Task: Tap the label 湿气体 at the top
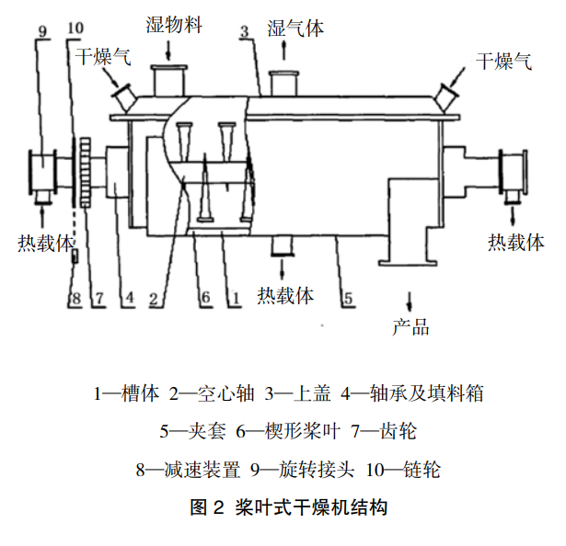click(295, 28)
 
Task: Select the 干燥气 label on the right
click(503, 62)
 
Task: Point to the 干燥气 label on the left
click(102, 57)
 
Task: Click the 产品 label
click(410, 327)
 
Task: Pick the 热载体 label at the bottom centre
click(285, 296)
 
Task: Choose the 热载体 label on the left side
click(45, 243)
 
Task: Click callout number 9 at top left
click(42, 29)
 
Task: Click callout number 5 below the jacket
click(347, 298)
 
